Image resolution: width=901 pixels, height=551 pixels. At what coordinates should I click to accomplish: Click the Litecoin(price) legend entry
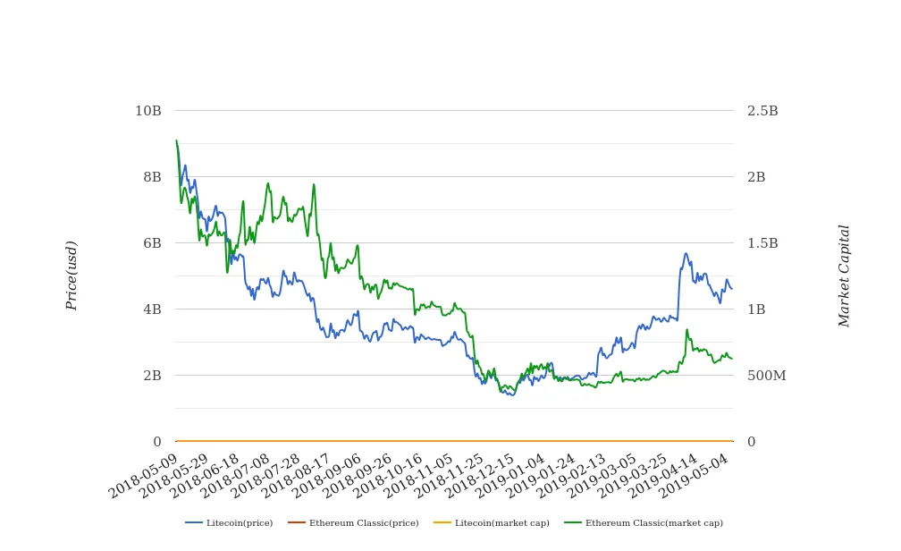tap(229, 523)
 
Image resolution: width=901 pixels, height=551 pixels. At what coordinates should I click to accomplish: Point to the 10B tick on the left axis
tap(148, 111)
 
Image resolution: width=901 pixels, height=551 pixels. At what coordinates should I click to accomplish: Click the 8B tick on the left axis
tap(152, 177)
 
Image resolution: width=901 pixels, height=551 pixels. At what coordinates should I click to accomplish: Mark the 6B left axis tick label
tap(152, 243)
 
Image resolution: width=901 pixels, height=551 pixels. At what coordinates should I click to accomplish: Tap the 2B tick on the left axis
tap(152, 376)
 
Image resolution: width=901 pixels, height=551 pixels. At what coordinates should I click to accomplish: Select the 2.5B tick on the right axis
tap(762, 111)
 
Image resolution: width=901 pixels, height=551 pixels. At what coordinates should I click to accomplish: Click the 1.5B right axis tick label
tap(762, 243)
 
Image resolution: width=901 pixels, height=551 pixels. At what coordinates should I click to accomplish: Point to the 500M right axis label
tap(766, 376)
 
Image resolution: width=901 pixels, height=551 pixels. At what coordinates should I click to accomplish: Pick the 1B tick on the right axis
tap(756, 309)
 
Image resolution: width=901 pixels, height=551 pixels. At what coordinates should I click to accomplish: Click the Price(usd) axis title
tap(72, 275)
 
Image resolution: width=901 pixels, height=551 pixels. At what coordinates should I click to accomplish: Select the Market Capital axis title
tap(845, 275)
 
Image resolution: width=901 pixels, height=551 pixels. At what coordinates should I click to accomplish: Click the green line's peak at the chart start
tap(176, 140)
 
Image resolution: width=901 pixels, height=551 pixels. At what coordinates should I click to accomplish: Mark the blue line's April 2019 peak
tap(686, 253)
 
